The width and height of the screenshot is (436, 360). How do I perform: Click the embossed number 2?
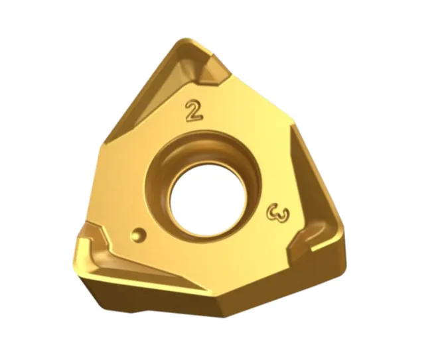[x=194, y=111]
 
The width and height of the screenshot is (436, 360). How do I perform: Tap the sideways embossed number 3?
[x=278, y=213]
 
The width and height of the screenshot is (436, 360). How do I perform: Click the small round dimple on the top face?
[x=138, y=235]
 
